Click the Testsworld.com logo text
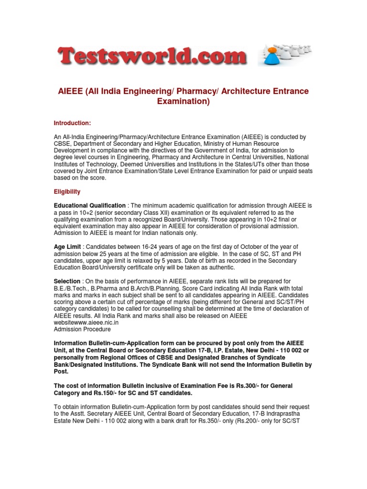pos(152,57)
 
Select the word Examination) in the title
pos(183,102)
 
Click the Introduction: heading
pos(72,123)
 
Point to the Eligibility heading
pos(67,192)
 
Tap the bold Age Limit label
pos(67,246)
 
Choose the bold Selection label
pos(67,281)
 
